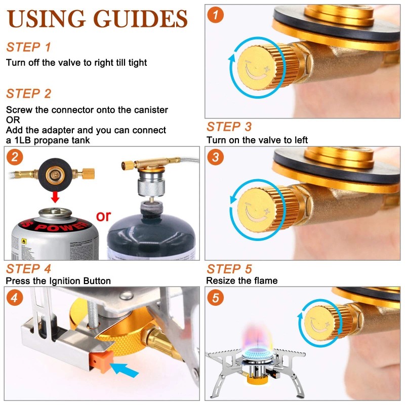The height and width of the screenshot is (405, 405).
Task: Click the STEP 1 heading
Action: (x=28, y=48)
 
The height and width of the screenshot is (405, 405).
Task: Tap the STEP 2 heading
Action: (x=28, y=94)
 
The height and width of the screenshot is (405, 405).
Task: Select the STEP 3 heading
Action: (x=229, y=127)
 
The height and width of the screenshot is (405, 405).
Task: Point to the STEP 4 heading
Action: (x=28, y=269)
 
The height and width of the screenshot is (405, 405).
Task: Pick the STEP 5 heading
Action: (x=229, y=269)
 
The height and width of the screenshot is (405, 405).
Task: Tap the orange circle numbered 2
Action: (x=15, y=157)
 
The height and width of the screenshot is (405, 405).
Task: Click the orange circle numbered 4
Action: (x=15, y=298)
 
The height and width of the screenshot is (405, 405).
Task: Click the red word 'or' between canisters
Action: (x=103, y=216)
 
